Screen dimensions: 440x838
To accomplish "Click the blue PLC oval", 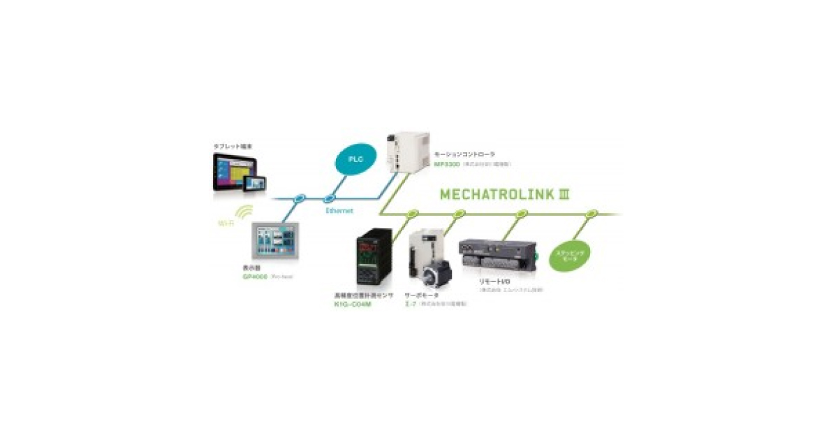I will [357, 159].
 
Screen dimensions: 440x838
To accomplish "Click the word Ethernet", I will [339, 210].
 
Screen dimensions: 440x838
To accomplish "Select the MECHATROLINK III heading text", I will [504, 193].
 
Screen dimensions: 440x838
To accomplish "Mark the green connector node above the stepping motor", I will [592, 212].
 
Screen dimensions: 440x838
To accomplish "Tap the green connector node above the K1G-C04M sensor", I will [413, 212].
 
